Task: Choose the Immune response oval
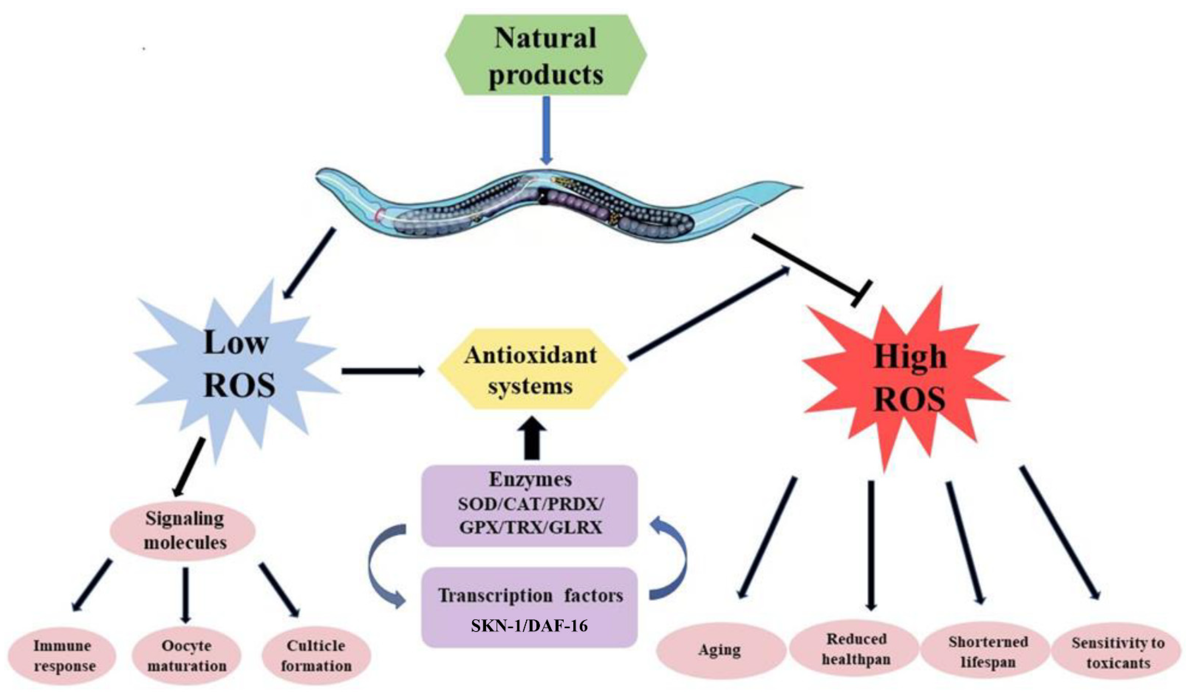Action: click(x=63, y=656)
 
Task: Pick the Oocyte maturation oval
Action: click(x=187, y=656)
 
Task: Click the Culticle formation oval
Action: click(x=316, y=656)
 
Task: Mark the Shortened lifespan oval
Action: click(x=988, y=652)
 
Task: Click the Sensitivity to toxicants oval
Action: click(x=1118, y=653)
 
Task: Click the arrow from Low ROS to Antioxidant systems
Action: click(x=383, y=371)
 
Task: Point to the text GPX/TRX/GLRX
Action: click(x=530, y=527)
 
